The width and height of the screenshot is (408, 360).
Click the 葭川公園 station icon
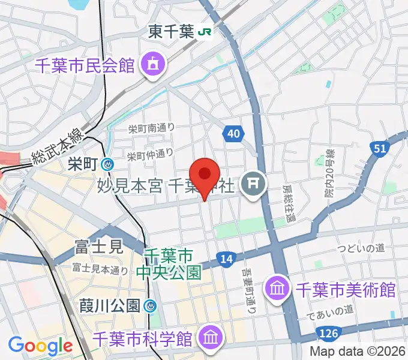click(151, 306)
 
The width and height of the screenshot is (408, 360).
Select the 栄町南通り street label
click(151, 128)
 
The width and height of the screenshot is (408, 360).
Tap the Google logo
click(40, 346)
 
